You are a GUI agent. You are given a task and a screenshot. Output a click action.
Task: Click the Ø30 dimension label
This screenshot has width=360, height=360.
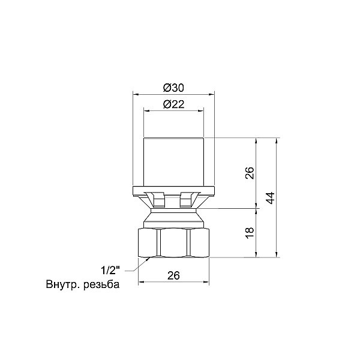(x=173, y=88)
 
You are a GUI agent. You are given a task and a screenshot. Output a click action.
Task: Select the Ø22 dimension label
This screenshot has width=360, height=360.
(x=173, y=104)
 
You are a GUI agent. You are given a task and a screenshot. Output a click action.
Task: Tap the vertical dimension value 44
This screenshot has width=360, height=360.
(x=271, y=198)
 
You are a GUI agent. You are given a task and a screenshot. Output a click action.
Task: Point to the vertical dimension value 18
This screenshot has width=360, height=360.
(x=250, y=233)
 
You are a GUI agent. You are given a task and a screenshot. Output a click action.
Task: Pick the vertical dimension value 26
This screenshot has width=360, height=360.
(x=250, y=173)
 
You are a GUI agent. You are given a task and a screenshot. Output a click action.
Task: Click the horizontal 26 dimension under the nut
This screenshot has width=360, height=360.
(x=173, y=275)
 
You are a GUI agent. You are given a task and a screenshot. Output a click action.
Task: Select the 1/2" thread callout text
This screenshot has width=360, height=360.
(x=110, y=270)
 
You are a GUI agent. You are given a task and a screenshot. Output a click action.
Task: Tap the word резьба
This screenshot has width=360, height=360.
(x=101, y=284)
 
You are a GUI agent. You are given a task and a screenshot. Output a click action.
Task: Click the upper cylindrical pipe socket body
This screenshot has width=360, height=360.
(x=173, y=162)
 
